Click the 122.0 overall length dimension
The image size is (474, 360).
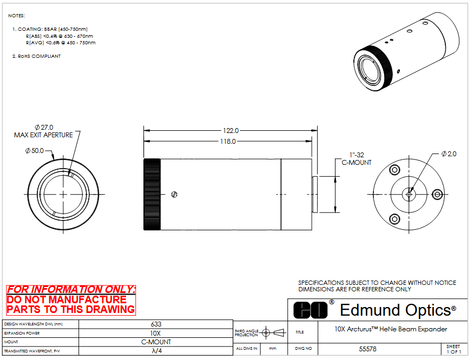coord(231,130)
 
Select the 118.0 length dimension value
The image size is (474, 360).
coord(228,141)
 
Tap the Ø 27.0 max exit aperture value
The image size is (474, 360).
coord(44,128)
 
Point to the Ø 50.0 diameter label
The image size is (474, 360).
coord(35,150)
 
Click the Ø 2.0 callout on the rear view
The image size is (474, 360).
coord(449,154)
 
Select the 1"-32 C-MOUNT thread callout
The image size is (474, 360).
coord(357,159)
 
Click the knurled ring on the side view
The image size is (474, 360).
coord(152,194)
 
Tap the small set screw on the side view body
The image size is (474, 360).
coord(174,194)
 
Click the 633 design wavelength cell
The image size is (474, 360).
coord(156,324)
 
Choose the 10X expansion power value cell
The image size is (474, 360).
coord(156,333)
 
